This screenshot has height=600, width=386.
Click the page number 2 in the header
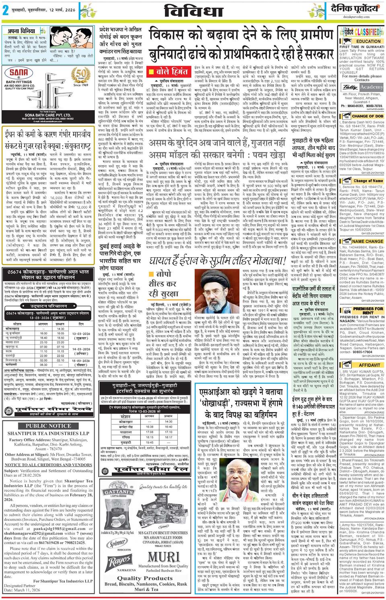6,11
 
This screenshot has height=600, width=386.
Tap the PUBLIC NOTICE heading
48,426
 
